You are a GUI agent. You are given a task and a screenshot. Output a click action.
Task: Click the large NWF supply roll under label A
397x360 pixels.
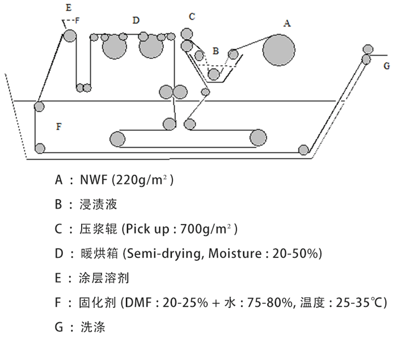[278, 49]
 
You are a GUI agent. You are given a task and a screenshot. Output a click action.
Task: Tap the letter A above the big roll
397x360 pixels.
[286, 23]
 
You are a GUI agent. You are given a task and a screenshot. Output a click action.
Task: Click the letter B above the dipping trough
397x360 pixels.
[216, 51]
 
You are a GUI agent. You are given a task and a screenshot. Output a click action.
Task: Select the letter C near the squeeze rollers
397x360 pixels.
[192, 16]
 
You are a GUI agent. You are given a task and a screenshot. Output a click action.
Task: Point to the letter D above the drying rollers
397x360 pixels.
[136, 20]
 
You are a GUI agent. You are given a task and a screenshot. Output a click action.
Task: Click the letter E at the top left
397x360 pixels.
[68, 7]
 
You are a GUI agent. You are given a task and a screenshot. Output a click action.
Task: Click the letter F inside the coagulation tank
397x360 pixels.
[59, 126]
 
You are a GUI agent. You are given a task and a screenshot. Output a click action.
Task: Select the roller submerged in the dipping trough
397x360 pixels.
[214, 74]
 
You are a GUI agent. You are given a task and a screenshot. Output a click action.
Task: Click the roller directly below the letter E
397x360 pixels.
[69, 36]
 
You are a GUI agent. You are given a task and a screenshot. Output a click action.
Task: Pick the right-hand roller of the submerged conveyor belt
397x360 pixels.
[257, 137]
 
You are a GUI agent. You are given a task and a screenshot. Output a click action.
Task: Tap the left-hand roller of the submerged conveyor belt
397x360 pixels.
[117, 138]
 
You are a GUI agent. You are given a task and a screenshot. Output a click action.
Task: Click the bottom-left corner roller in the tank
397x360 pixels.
[40, 149]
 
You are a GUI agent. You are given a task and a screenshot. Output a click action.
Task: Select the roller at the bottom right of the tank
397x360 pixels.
[303, 150]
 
